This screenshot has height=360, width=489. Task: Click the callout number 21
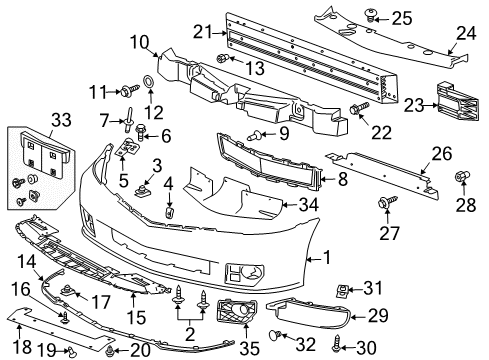[x=203, y=32]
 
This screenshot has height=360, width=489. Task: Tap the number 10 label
[x=137, y=41]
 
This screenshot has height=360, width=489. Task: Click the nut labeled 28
[x=463, y=176]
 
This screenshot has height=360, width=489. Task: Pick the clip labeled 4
[x=169, y=211]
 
